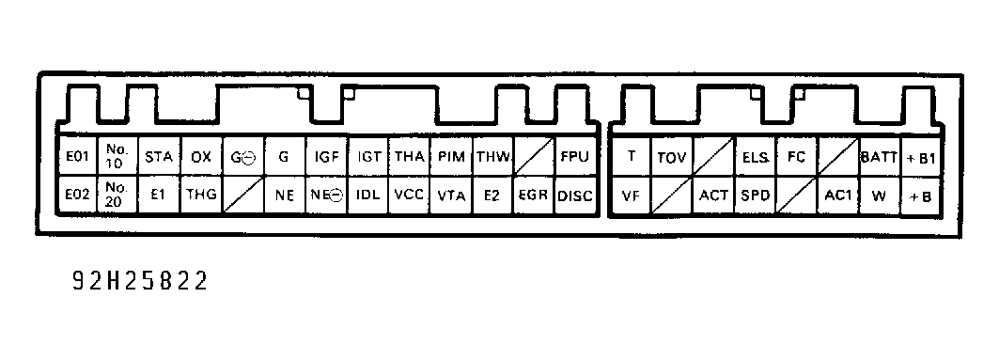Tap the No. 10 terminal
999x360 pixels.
pyautogui.click(x=116, y=156)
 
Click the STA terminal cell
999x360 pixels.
pyautogui.click(x=157, y=156)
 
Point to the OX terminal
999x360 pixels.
pyautogui.click(x=200, y=156)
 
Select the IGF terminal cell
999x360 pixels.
pyautogui.click(x=327, y=156)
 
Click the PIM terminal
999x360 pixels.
pyautogui.click(x=452, y=156)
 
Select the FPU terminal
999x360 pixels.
pyautogui.click(x=574, y=156)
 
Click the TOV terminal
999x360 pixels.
pyautogui.click(x=672, y=156)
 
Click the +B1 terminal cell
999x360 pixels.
pyautogui.click(x=922, y=156)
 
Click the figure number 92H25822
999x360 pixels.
pyautogui.click(x=139, y=282)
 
